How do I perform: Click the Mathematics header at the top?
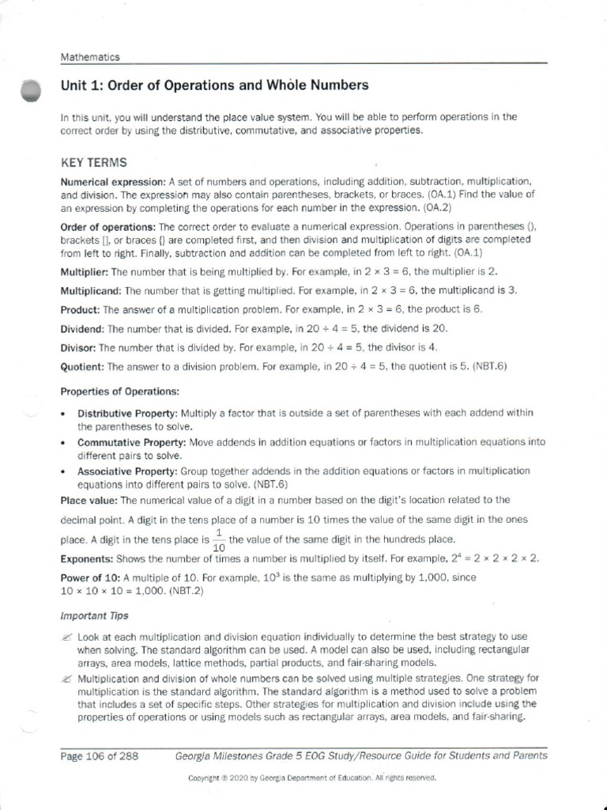pyautogui.click(x=90, y=57)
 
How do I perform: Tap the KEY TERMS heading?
pyautogui.click(x=93, y=163)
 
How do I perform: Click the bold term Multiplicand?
pyautogui.click(x=91, y=290)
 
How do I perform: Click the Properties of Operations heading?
pyautogui.click(x=120, y=392)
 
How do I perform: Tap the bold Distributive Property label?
pyautogui.click(x=127, y=414)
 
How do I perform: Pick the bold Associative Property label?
pyautogui.click(x=129, y=471)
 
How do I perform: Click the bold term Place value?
pyautogui.click(x=89, y=500)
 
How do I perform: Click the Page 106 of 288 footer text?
pyautogui.click(x=100, y=756)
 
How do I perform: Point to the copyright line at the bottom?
pyautogui.click(x=312, y=778)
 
